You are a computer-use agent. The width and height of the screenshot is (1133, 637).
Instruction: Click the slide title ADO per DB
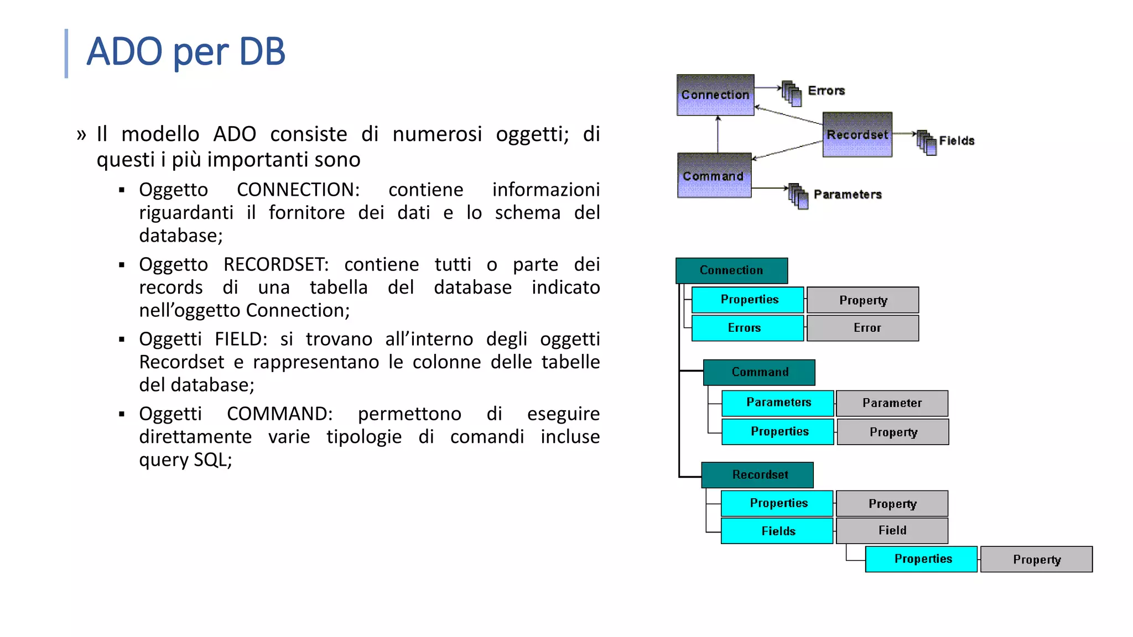[186, 51]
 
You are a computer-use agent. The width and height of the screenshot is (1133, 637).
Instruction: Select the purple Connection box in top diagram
[715, 95]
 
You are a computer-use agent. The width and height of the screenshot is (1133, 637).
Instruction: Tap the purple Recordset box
[857, 135]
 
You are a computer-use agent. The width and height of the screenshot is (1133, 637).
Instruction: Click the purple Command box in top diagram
[714, 176]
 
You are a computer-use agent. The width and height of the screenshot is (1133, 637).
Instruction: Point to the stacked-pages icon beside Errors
[792, 93]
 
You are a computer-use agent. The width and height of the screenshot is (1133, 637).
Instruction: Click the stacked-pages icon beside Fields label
[927, 143]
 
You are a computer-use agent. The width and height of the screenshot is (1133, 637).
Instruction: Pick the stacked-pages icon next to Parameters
[798, 196]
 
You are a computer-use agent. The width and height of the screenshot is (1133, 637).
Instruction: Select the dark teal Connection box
[731, 270]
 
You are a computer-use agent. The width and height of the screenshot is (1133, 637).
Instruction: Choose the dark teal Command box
[759, 372]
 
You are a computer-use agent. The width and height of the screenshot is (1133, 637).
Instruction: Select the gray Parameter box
[892, 403]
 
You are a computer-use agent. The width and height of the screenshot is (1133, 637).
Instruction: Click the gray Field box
[892, 530]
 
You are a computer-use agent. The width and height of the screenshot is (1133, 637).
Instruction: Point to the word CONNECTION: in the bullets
[298, 190]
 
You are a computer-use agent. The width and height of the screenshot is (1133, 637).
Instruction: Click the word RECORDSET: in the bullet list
[276, 264]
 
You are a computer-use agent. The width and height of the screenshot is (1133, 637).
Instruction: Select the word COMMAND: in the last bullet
[280, 414]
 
